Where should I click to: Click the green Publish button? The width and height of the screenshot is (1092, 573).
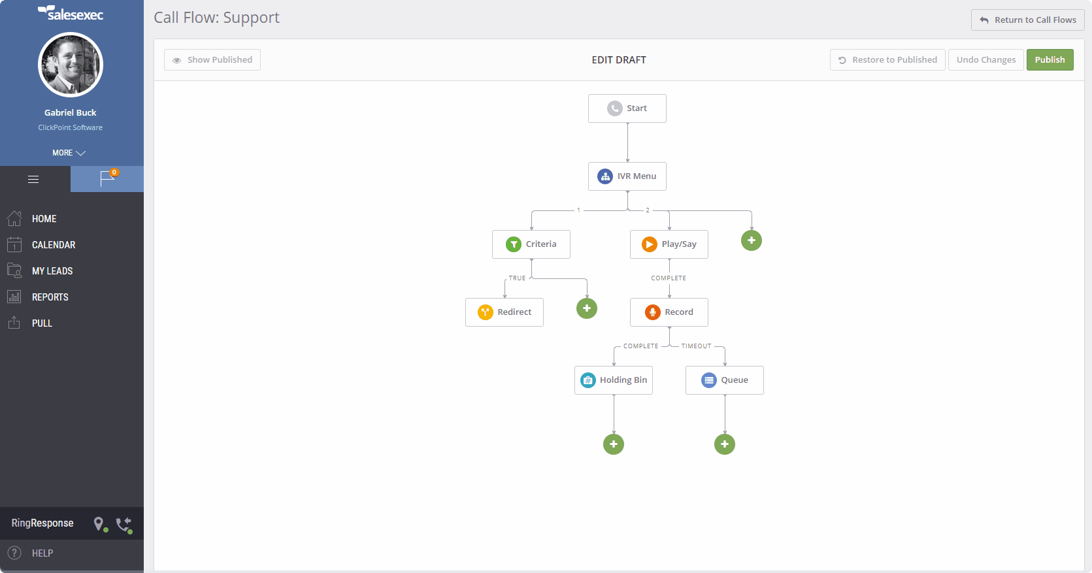1050,59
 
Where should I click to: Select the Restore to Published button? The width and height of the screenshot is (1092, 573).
887,59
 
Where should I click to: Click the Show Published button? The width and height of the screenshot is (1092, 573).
212,59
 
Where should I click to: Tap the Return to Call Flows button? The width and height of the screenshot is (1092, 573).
1027,20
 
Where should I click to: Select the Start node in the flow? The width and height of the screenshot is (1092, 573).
627,108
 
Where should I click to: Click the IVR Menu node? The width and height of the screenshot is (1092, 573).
627,176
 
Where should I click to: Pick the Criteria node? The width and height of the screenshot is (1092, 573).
531,244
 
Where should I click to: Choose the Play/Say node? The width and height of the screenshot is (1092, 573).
669,244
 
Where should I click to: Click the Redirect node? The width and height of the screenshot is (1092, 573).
504,312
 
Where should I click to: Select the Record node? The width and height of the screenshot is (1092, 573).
669,312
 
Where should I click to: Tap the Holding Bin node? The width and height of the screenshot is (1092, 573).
613,380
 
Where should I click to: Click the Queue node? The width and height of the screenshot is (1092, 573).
725,380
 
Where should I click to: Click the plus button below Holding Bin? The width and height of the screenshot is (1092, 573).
613,444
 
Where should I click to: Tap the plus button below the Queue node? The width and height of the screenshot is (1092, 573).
725,444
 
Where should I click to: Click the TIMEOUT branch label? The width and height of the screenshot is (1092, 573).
696,346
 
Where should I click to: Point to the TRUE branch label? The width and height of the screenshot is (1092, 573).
517,278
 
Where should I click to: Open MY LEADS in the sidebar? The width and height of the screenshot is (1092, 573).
52,271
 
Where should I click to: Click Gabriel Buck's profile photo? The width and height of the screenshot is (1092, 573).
70,64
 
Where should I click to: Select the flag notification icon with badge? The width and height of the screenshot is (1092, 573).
107,179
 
